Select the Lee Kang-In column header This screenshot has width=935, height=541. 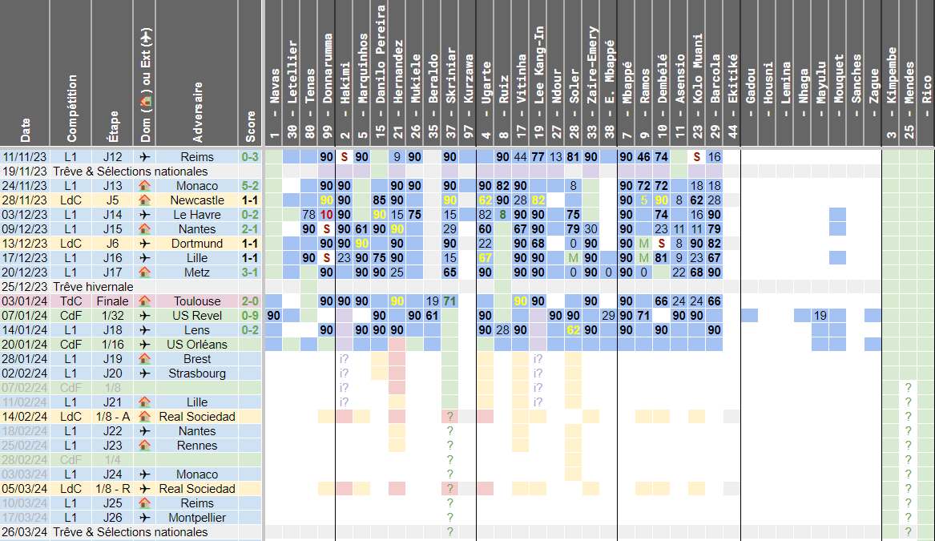coord(539,72)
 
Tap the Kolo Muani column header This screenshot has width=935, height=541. coord(698,72)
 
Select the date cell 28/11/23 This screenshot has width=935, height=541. coord(24,200)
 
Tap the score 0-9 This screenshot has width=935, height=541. coord(250,316)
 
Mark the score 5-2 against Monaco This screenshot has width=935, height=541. coord(250,186)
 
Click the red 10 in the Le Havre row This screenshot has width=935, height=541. coord(327,215)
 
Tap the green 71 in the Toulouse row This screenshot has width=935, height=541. coord(450,301)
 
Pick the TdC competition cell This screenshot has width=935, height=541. coord(71,301)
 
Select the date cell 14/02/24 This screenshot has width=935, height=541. coord(24,417)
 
